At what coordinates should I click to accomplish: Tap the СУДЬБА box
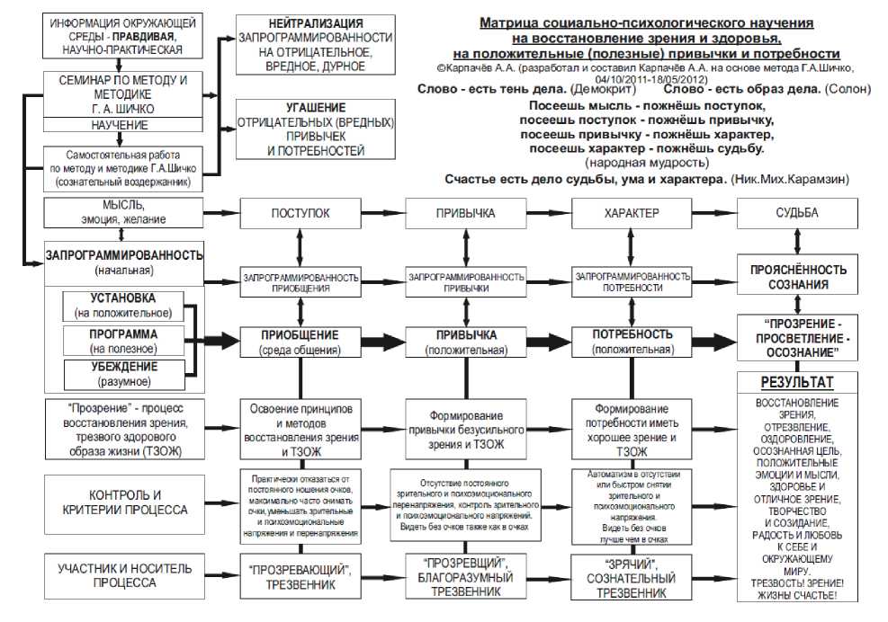(x=796, y=214)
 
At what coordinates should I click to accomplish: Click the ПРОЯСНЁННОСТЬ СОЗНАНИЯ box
(x=796, y=277)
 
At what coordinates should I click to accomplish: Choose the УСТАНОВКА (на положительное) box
(x=123, y=305)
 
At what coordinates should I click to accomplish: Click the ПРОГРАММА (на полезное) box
(x=123, y=341)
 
